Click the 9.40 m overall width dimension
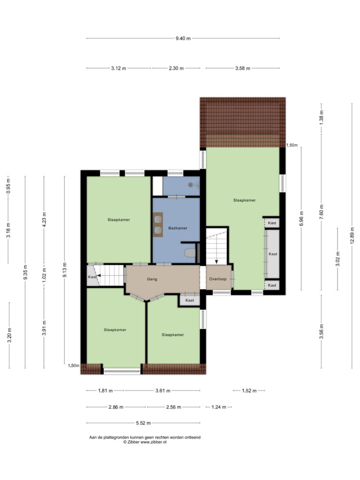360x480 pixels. point(183,38)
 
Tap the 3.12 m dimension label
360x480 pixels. point(119,68)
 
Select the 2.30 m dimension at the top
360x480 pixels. point(176,68)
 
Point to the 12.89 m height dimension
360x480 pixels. point(352,236)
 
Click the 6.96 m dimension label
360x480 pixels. point(301,219)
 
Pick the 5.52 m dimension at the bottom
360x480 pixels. point(143,423)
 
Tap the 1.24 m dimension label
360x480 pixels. point(218,407)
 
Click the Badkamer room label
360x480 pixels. point(178,228)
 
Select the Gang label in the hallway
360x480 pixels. point(152,279)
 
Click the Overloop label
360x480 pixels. point(218,279)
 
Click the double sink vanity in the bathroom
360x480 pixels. point(158,225)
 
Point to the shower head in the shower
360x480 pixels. point(191,185)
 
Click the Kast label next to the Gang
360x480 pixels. point(190,300)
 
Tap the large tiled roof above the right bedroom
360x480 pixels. point(243,122)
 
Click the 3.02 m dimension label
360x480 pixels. point(338,259)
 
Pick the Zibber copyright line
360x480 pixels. point(145,442)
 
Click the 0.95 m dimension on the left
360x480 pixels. point(8,186)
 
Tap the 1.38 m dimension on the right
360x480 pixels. point(322,118)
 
